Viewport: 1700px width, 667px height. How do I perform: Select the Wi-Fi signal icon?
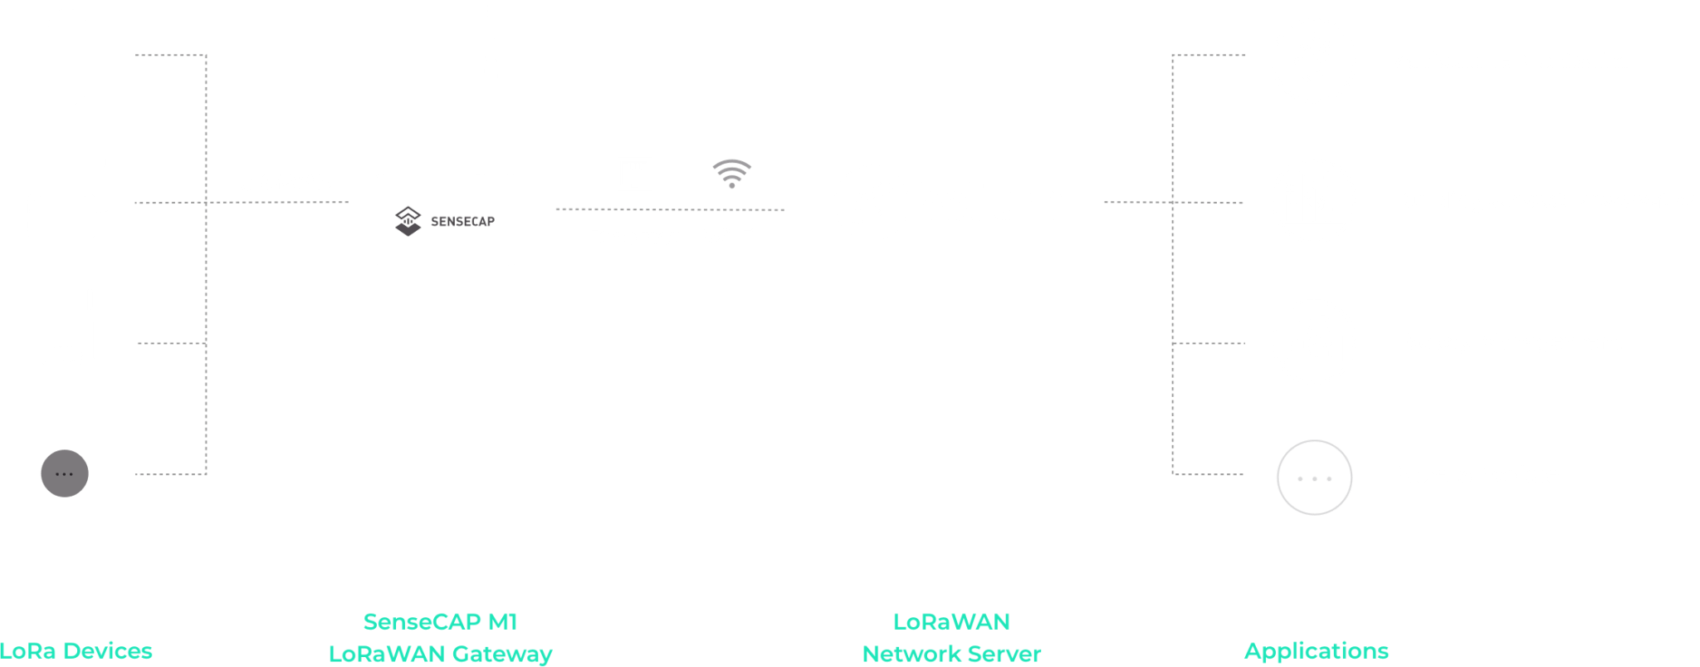pyautogui.click(x=731, y=174)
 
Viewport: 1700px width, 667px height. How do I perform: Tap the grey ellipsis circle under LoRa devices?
pyautogui.click(x=64, y=473)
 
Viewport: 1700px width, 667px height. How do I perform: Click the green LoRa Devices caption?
pyautogui.click(x=76, y=650)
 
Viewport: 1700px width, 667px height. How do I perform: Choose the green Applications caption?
pyautogui.click(x=1317, y=650)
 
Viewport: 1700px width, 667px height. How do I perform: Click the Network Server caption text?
pyautogui.click(x=951, y=654)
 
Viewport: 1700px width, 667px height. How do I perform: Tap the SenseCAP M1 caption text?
pyautogui.click(x=440, y=621)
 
